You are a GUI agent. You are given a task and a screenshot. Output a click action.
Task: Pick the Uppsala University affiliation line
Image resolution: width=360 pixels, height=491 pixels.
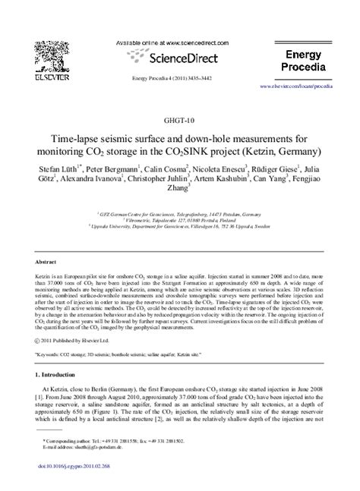pos(178,226)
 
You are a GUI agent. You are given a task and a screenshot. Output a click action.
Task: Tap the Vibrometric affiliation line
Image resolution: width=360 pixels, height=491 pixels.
pos(178,216)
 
